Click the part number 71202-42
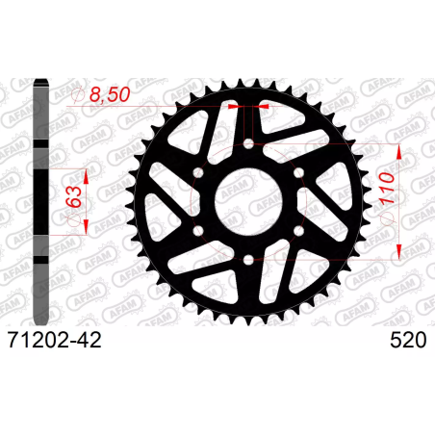[x=55, y=340]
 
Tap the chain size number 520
[x=408, y=340]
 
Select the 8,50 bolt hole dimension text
[x=110, y=94]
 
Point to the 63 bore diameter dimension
[x=74, y=196]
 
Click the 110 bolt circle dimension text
[x=387, y=189]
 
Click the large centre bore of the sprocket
[x=248, y=202]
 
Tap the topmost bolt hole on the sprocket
[x=248, y=144]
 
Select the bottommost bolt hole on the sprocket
[x=248, y=260]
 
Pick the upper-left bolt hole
[x=199, y=173]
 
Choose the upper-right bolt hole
[x=298, y=173]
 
